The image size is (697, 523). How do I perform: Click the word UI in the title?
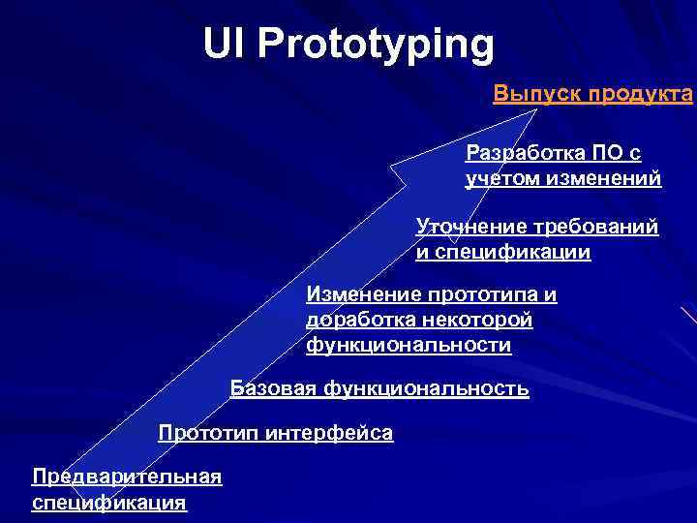tap(224, 45)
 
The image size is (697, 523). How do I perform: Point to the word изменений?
tap(612, 178)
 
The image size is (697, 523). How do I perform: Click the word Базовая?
tap(273, 389)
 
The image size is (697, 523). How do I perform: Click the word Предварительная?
tap(127, 477)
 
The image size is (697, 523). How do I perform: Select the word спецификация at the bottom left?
tap(108, 503)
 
